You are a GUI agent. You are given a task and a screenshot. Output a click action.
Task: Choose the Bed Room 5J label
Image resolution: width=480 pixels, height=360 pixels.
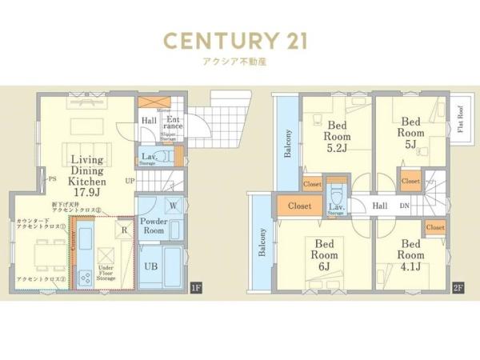click(x=410, y=132)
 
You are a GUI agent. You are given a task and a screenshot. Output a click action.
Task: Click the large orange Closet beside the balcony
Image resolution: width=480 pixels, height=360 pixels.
click(x=299, y=206)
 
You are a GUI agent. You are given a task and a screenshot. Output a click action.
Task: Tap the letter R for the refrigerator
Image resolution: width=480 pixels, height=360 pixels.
click(x=123, y=228)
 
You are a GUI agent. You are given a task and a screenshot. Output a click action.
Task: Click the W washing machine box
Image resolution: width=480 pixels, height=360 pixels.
click(x=174, y=206)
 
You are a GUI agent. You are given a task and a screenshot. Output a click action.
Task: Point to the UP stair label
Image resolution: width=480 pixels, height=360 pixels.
click(x=130, y=181)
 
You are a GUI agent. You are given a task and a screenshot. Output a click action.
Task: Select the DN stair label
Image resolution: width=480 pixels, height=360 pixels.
click(x=406, y=206)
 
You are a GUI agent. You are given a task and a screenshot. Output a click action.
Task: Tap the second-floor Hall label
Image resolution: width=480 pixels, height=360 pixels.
click(x=380, y=206)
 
